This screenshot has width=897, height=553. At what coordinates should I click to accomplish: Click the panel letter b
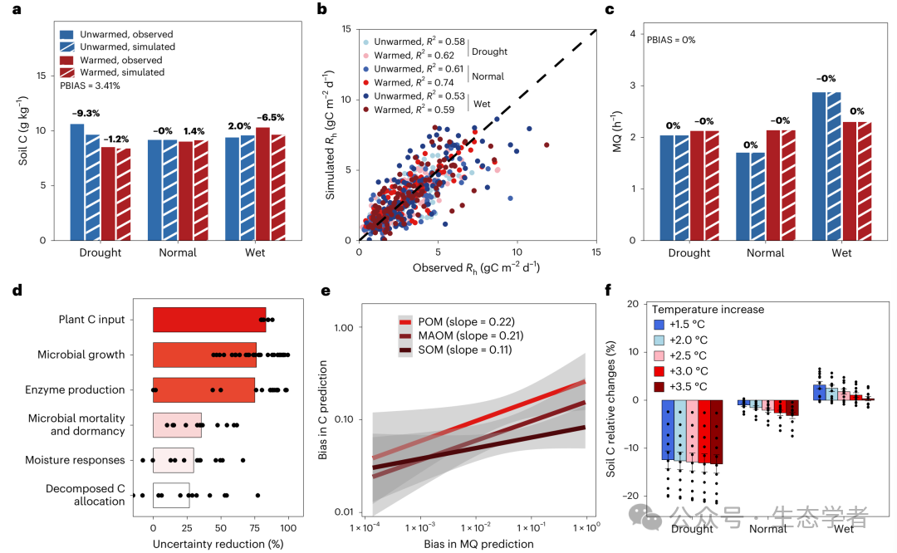coord(321,10)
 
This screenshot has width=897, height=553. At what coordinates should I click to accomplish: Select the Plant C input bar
coord(209,320)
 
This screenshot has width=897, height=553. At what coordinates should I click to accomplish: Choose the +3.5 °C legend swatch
coord(659,386)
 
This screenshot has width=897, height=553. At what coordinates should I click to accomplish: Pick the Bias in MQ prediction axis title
coord(478,544)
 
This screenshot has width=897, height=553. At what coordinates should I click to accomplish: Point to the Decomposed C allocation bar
coord(171,495)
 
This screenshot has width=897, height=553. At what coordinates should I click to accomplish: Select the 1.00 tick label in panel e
coord(342,327)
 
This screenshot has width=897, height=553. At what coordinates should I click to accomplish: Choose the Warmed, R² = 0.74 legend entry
coord(411,82)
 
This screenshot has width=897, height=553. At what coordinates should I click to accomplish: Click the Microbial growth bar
coord(204,355)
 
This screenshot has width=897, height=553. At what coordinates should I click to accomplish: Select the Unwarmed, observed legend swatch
coord(66,34)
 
